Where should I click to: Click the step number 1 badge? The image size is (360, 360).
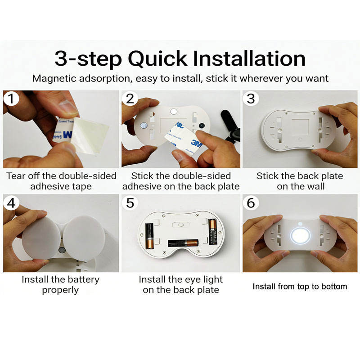click(x=11, y=99)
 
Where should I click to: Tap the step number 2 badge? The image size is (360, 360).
click(x=130, y=99)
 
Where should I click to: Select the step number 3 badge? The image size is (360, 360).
click(x=251, y=99)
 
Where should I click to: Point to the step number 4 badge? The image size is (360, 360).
click(x=11, y=203)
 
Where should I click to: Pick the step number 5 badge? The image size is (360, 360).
click(x=130, y=203)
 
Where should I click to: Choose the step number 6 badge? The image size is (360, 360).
click(x=251, y=203)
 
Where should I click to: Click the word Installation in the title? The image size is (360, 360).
click(x=249, y=58)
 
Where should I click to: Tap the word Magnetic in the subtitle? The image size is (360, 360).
click(x=54, y=78)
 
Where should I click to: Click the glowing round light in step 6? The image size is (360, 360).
click(x=300, y=235)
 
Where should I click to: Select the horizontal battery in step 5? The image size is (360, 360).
click(x=183, y=243)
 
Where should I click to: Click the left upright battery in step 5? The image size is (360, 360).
click(x=149, y=236)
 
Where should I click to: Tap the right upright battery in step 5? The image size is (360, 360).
click(x=212, y=232)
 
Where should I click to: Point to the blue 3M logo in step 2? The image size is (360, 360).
click(x=197, y=144)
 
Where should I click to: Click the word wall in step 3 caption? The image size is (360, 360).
click(x=316, y=186)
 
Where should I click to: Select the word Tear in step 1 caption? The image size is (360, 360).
click(x=16, y=176)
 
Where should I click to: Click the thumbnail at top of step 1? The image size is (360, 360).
click(x=68, y=107)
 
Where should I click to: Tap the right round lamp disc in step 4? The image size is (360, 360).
click(x=84, y=238)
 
